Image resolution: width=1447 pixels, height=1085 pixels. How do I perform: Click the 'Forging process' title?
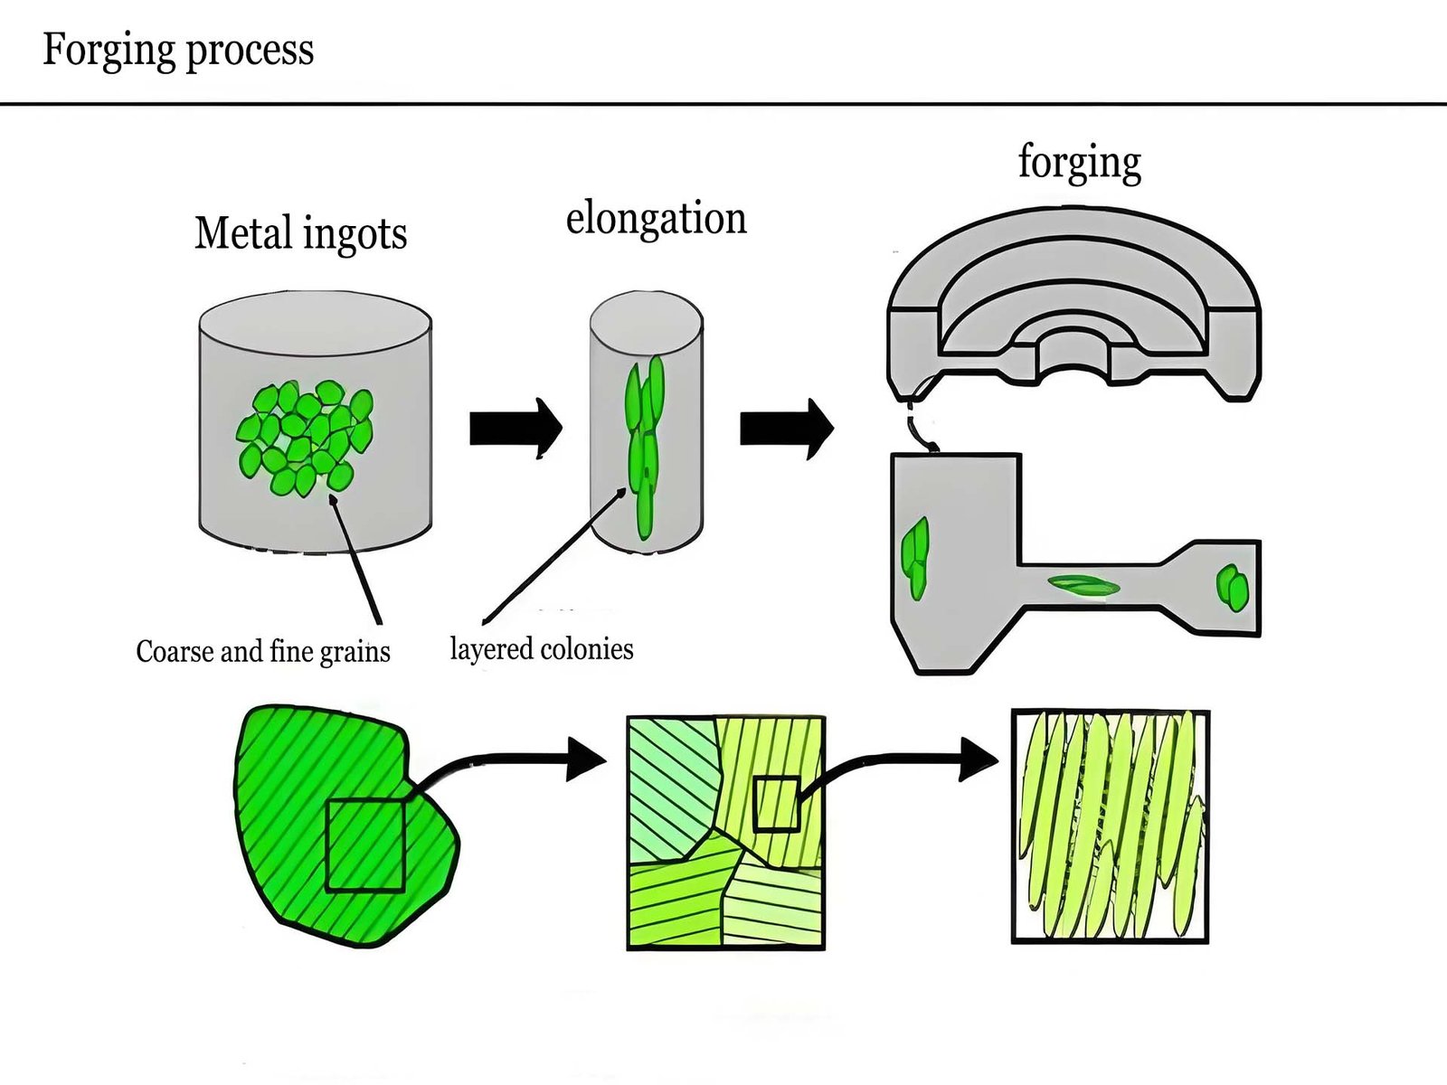[x=178, y=50]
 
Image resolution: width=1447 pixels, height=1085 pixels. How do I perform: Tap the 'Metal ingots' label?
[x=300, y=234]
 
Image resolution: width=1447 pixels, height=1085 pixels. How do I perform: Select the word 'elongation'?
[x=656, y=219]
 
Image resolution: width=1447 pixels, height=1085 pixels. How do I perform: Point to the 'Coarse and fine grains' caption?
[x=262, y=651]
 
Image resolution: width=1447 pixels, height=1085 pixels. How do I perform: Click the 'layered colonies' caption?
[x=541, y=648]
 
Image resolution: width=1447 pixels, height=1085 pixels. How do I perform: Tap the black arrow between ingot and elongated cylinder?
[x=515, y=428]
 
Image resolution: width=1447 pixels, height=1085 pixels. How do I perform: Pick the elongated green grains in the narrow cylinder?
[x=646, y=443]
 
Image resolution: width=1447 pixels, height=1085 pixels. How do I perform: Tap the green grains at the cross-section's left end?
[x=916, y=556]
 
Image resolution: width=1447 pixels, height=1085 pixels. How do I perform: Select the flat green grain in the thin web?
[x=1083, y=586]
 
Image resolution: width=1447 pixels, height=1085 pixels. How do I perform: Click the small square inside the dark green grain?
[x=364, y=844]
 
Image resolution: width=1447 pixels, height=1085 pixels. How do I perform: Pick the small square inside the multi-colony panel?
[x=777, y=803]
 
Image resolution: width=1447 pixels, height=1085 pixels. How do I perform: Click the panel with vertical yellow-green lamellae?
[x=1110, y=826]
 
